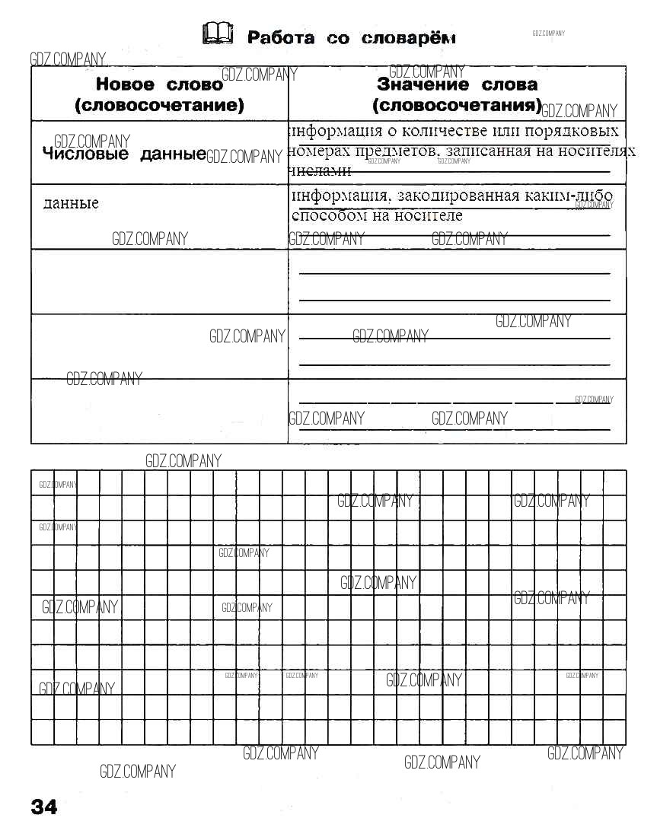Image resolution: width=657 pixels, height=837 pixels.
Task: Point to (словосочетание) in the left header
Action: tap(160, 105)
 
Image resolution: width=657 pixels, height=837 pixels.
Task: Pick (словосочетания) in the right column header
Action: tap(458, 104)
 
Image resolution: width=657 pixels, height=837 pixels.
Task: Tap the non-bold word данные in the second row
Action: tap(71, 203)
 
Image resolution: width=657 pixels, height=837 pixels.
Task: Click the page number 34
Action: tap(44, 807)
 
